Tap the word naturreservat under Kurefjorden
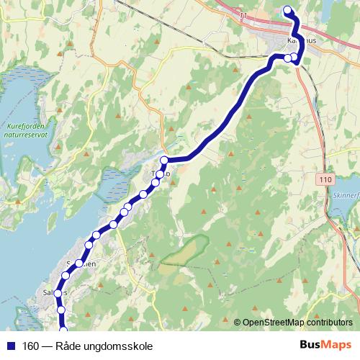click(26, 134)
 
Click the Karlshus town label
click(302, 42)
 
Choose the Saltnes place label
click(55, 292)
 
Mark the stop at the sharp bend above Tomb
click(164, 160)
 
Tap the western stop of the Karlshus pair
click(287, 58)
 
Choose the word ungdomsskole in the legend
click(122, 346)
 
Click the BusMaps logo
click(325, 345)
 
